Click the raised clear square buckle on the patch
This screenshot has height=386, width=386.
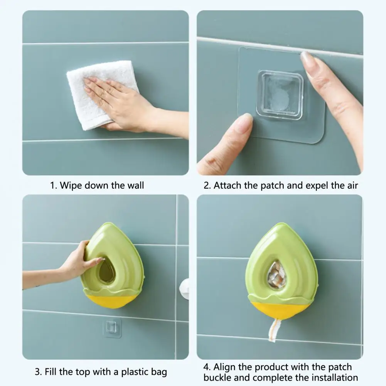coord(280,95)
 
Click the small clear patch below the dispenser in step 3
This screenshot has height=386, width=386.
coord(112,328)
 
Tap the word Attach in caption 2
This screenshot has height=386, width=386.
coord(228,185)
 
